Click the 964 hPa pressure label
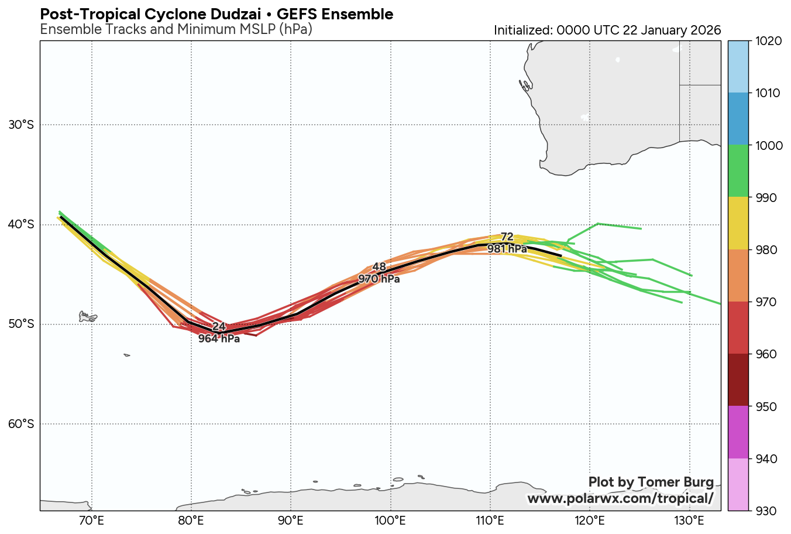219,338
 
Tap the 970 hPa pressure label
379,279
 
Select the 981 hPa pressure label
507,249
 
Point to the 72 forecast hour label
507,237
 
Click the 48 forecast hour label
379,267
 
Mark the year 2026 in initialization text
706,30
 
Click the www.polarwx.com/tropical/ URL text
620,498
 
